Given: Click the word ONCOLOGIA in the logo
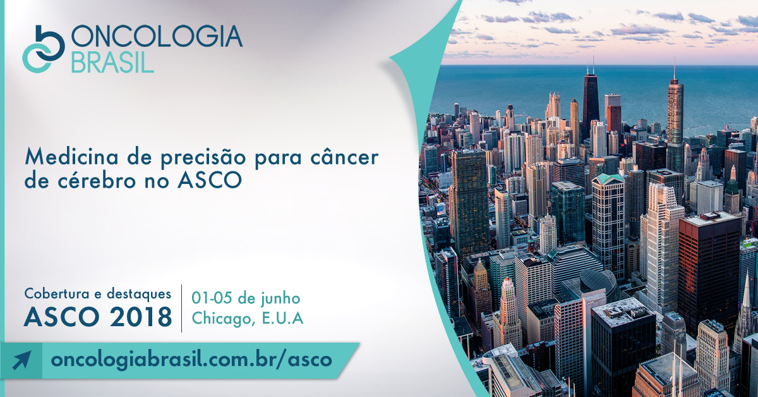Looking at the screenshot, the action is tap(157, 36).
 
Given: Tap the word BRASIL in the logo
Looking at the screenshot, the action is tap(112, 62).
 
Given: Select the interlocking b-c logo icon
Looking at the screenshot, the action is tap(44, 49).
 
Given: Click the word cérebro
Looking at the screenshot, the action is tap(97, 180).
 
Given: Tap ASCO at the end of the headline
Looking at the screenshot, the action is tap(210, 181).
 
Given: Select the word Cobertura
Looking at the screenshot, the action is tap(57, 293).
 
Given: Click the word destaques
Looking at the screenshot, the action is tap(139, 294).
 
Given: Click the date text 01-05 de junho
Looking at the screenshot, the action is tap(246, 299).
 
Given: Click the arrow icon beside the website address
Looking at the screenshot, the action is tap(21, 360).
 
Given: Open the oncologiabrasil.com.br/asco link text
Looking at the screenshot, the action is tap(191, 360).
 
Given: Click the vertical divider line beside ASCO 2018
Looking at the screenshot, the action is tap(182, 308).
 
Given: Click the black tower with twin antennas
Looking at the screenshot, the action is tap(591, 102).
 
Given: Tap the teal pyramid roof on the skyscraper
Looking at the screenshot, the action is tap(608, 178).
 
